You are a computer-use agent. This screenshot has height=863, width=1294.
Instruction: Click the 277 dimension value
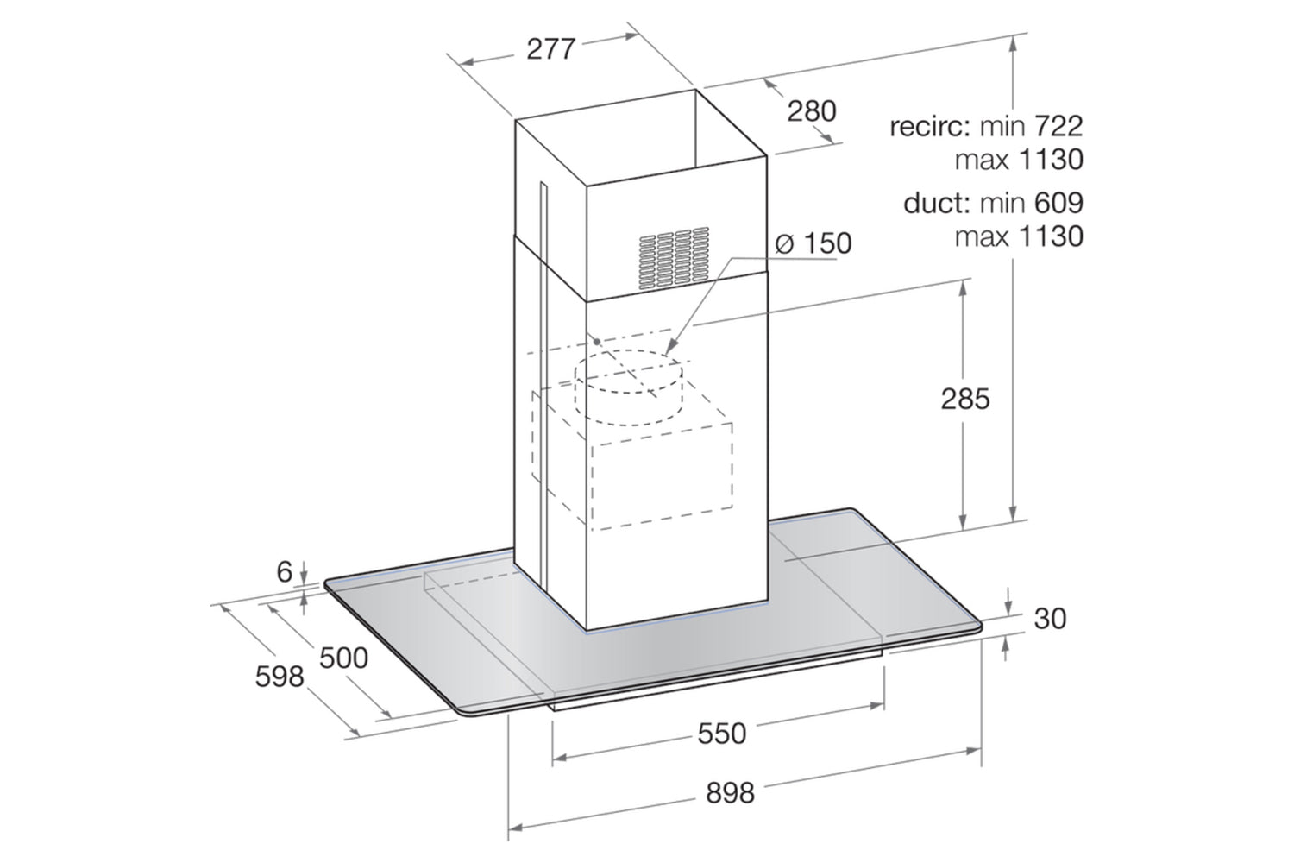[551, 48]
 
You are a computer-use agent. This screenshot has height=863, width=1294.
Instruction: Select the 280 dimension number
[812, 111]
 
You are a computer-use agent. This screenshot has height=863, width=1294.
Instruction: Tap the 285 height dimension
[965, 399]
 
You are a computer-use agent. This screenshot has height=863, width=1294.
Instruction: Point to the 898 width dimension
[730, 793]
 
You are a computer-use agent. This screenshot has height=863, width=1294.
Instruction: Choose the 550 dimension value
[722, 734]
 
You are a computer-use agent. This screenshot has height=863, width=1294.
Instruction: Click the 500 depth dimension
[343, 658]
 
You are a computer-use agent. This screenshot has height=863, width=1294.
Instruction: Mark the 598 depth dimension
[280, 677]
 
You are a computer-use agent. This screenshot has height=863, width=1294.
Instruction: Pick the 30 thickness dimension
[1050, 619]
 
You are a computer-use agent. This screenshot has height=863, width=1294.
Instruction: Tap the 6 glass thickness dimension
[284, 572]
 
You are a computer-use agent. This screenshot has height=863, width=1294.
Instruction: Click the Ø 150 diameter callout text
[813, 243]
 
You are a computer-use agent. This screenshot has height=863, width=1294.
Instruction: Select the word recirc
[930, 127]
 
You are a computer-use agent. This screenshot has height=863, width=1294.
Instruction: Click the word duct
[936, 204]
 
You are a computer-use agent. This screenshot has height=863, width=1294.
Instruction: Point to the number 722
[1058, 127]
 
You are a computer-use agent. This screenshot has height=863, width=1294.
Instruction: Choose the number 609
[1058, 204]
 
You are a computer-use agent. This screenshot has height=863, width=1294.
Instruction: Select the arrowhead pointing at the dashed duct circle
[670, 349]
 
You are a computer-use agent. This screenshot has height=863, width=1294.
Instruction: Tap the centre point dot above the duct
[597, 342]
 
